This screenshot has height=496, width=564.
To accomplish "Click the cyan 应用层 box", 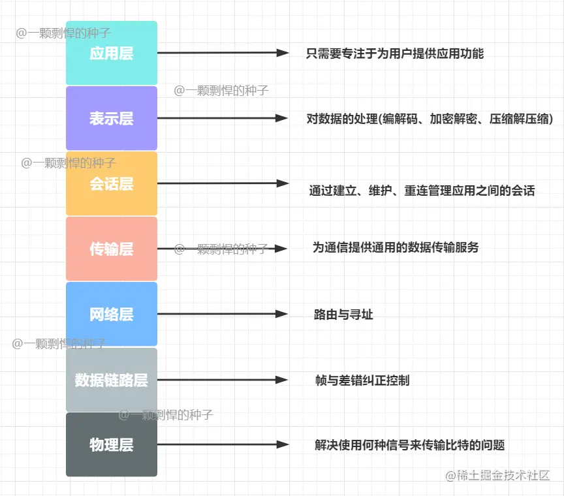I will pyautogui.click(x=112, y=53).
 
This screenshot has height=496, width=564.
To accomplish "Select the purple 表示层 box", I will pyautogui.click(x=112, y=118).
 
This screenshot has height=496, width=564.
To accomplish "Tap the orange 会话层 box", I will pyautogui.click(x=112, y=183).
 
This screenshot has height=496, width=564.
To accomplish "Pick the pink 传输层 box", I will pyautogui.click(x=112, y=249).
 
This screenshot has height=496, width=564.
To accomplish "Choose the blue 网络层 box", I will pyautogui.click(x=112, y=314).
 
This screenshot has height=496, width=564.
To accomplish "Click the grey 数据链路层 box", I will pyautogui.click(x=112, y=380).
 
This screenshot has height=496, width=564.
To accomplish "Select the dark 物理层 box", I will pyautogui.click(x=112, y=445).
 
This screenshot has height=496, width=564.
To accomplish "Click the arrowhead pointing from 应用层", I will pyautogui.click(x=283, y=53).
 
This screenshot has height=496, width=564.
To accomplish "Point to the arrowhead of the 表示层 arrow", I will pyautogui.click(x=281, y=118).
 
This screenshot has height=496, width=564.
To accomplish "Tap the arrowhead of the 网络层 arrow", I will pyautogui.click(x=281, y=314).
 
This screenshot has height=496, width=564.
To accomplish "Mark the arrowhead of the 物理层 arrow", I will pyautogui.click(x=283, y=445).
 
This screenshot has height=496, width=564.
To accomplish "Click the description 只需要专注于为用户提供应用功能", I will pyautogui.click(x=395, y=54).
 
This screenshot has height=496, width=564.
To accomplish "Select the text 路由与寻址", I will pyautogui.click(x=343, y=315).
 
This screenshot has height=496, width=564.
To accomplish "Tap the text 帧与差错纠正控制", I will pyautogui.click(x=362, y=380).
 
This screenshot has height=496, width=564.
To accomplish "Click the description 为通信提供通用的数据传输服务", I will pyautogui.click(x=396, y=247).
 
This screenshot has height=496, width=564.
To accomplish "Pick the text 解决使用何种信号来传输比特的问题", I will pyautogui.click(x=410, y=445).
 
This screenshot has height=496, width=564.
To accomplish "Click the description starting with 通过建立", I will pyautogui.click(x=422, y=191).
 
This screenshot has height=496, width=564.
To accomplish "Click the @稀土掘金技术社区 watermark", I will pyautogui.click(x=499, y=476).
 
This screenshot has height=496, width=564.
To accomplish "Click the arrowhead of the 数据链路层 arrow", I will pyautogui.click(x=281, y=380).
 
